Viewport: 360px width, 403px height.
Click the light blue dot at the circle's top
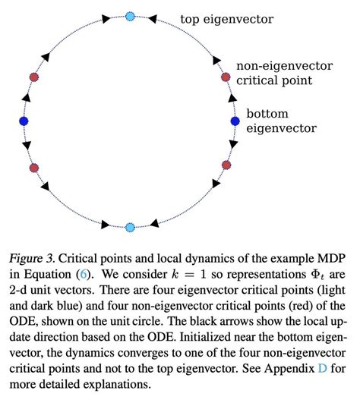coord(130,17)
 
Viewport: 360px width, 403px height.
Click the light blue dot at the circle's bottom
coord(130,227)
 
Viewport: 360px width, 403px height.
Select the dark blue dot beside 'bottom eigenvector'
coord(235,121)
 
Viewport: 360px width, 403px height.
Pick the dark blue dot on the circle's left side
coord(24,121)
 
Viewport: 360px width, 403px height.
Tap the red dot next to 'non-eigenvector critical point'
coord(226,77)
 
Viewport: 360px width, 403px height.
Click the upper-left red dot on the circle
coord(34,77)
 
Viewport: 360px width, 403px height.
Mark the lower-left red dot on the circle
coord(34,168)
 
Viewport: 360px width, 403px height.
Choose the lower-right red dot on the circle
coord(226,165)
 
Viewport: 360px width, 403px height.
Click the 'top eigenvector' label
coord(227,19)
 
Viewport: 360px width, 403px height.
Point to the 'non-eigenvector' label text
coord(284,66)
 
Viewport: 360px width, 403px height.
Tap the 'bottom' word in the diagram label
coord(267,114)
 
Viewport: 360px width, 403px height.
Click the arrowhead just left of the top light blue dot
coord(106,18)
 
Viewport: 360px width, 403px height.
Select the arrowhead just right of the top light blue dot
coord(153,19)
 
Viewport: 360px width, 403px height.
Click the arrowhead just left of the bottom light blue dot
coord(106,225)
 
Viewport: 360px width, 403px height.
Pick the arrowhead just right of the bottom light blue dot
coord(154,223)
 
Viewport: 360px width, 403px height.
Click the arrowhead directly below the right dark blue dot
coord(233,144)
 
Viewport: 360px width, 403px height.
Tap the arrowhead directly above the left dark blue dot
coord(27,98)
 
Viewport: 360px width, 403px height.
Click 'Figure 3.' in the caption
coord(32,259)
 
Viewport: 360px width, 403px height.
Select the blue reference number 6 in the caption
coord(83,274)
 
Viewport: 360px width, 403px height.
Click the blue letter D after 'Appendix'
coord(323,369)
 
